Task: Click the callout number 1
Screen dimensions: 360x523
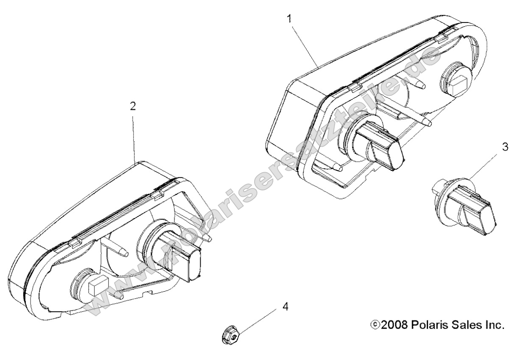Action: [x=290, y=19]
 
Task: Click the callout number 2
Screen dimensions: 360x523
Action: [x=133, y=106]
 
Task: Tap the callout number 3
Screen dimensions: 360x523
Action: [x=505, y=147]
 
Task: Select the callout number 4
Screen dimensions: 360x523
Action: [x=286, y=306]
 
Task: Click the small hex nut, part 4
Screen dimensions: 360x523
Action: [x=230, y=335]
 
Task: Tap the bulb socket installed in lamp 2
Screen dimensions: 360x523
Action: [x=173, y=253]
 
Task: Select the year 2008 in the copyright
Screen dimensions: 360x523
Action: [x=394, y=325]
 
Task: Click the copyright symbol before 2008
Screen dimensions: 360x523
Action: [x=375, y=325]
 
